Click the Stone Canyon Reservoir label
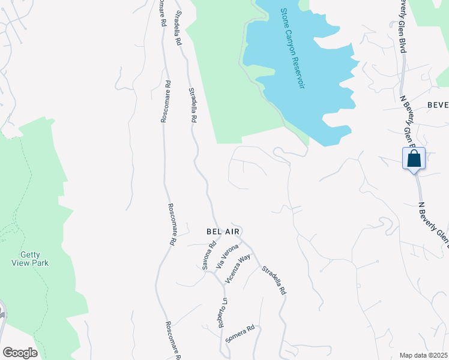(292, 49)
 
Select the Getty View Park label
(29, 258)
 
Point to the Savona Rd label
(208, 254)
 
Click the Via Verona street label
(228, 256)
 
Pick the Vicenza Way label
(237, 269)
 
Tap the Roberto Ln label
(223, 312)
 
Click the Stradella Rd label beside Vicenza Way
(273, 280)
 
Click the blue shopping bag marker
(414, 160)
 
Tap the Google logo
(20, 353)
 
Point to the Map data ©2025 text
(423, 355)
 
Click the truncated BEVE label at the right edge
(438, 104)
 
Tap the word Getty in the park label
(29, 254)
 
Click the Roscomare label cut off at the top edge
(162, 12)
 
